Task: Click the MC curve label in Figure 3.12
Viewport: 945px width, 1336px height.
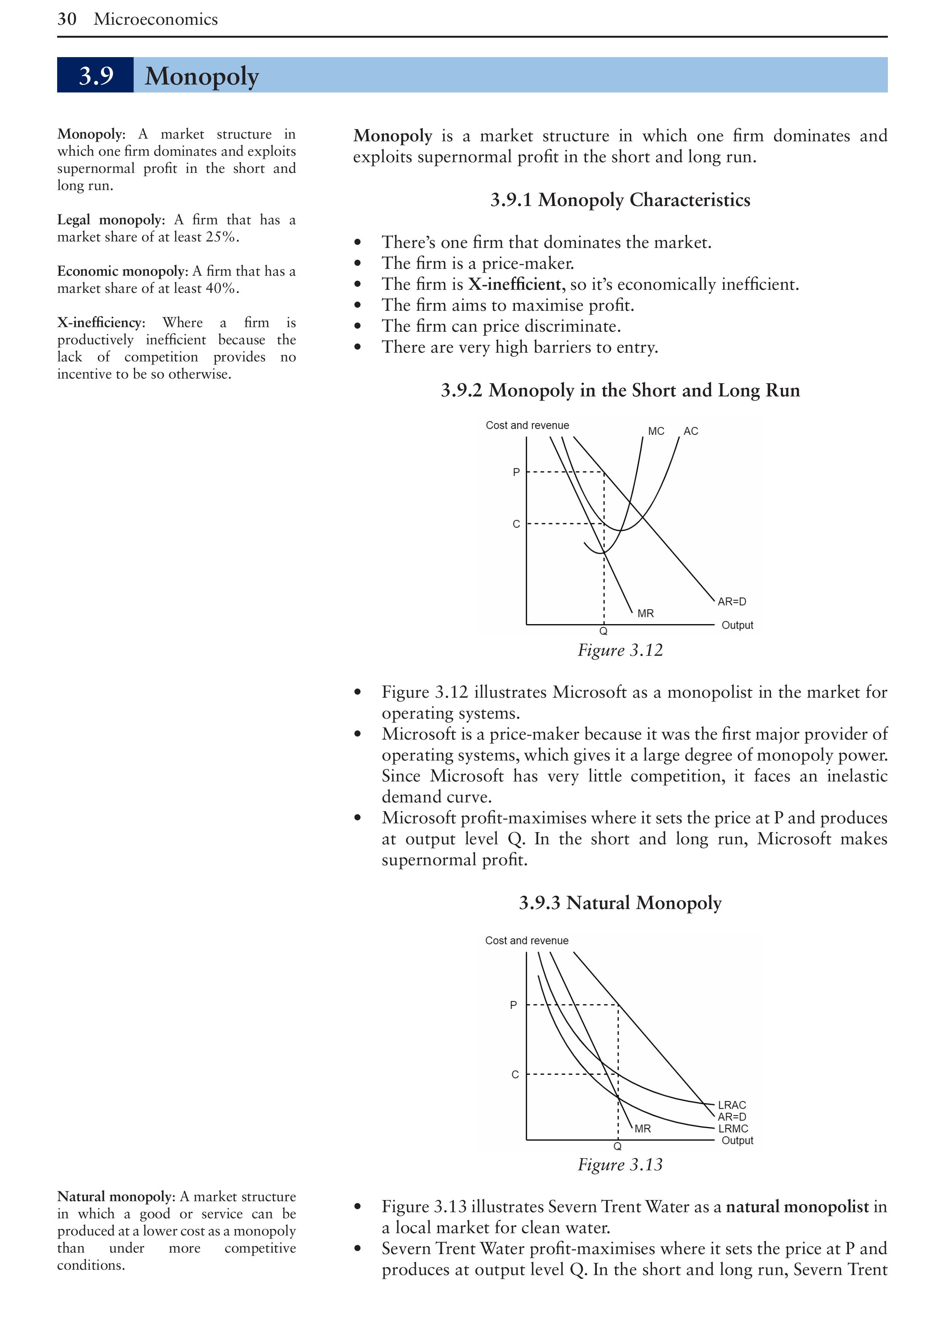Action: coord(656,431)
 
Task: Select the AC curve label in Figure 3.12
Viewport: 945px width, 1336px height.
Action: coord(691,431)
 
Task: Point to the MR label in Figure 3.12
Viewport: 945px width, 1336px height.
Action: coord(645,613)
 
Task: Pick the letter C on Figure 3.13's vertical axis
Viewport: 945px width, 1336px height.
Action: coord(515,1074)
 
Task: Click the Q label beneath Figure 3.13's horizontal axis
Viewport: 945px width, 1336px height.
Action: coord(617,1146)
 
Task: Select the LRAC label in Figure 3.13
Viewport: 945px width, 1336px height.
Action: coord(731,1105)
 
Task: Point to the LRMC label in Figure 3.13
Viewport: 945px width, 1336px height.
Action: coord(732,1128)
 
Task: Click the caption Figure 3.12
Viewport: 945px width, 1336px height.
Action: coord(620,650)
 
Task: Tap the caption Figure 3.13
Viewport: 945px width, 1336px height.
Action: coord(620,1164)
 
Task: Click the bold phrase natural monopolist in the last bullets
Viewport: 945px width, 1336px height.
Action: coord(797,1207)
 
